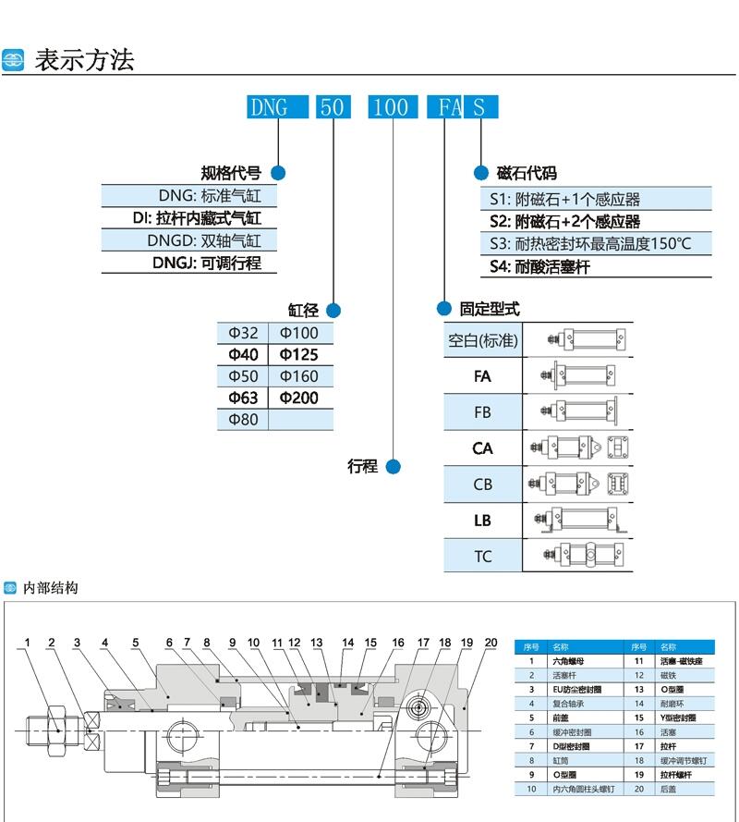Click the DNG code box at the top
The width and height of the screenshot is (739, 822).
pos(269,107)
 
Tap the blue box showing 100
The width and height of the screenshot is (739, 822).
pos(393,107)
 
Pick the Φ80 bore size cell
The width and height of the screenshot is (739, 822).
pos(243,420)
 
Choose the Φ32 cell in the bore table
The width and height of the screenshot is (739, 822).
pos(243,333)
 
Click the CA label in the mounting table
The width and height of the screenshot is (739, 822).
pos(482,448)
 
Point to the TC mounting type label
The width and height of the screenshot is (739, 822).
pos(482,557)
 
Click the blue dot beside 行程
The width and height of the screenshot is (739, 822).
pos(394,467)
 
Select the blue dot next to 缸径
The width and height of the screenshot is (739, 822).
pos(333,311)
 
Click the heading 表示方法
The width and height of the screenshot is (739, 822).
pos(84,60)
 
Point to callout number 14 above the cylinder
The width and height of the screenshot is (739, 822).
pos(348,643)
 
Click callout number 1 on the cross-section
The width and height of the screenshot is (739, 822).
pos(28,643)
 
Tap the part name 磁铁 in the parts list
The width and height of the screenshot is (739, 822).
pos(667,676)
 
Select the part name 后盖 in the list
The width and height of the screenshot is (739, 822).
pos(667,789)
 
